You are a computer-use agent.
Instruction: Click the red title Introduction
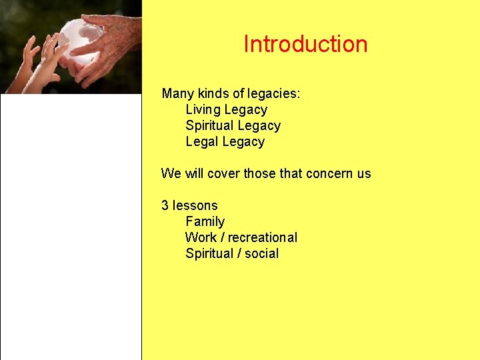pyautogui.click(x=305, y=44)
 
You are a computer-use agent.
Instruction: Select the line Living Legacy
pyautogui.click(x=226, y=110)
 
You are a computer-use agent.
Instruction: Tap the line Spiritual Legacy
pyautogui.click(x=233, y=126)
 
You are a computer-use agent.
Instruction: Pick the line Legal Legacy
pyautogui.click(x=225, y=142)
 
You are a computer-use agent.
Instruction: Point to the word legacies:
pyautogui.click(x=273, y=94)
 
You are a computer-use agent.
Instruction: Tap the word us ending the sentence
pyautogui.click(x=364, y=174)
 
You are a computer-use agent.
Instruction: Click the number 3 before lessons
pyautogui.click(x=165, y=205)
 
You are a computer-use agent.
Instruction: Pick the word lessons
pyautogui.click(x=195, y=205)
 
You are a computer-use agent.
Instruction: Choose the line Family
pyautogui.click(x=205, y=221)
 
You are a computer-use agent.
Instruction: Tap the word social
pyautogui.click(x=261, y=253)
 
